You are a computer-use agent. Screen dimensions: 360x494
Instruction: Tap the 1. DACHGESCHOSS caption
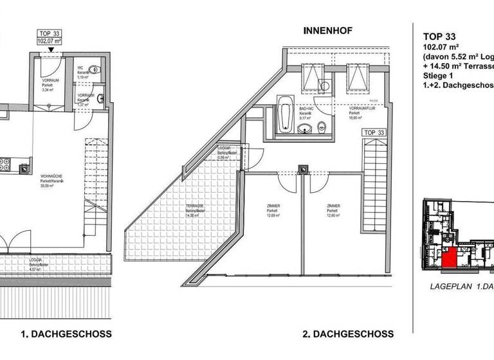(66, 334)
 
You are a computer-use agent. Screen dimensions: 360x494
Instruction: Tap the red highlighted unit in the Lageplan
(450, 258)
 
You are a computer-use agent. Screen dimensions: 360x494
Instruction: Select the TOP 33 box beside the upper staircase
(378, 132)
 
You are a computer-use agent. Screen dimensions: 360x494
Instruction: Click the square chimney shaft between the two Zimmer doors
(302, 170)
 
